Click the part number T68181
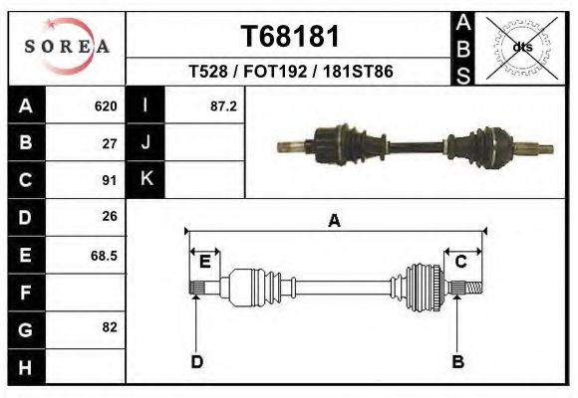pyautogui.click(x=290, y=37)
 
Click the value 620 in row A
pyautogui.click(x=106, y=105)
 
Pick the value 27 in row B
pyautogui.click(x=110, y=142)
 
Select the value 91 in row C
pyautogui.click(x=110, y=180)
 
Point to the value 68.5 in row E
pyautogui.click(x=105, y=255)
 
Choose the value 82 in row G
pyautogui.click(x=110, y=327)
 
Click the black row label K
pyautogui.click(x=145, y=180)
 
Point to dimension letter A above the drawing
pyautogui.click(x=335, y=222)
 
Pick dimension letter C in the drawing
pyautogui.click(x=461, y=262)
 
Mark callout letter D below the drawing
pyautogui.click(x=196, y=361)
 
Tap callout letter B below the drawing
pyautogui.click(x=458, y=361)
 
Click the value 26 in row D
pyautogui.click(x=110, y=216)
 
